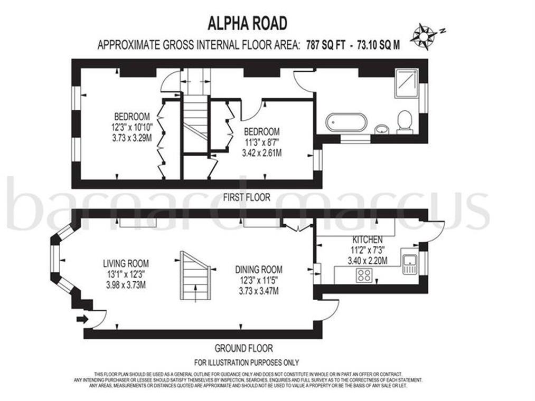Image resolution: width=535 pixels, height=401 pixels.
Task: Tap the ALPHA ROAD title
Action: click(x=248, y=24)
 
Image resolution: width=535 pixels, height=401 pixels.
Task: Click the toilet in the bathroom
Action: click(x=405, y=121)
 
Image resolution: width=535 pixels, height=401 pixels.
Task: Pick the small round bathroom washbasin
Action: click(x=380, y=129)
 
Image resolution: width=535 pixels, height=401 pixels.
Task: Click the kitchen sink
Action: click(x=410, y=263)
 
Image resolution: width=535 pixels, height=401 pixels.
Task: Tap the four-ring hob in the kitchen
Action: click(x=364, y=274)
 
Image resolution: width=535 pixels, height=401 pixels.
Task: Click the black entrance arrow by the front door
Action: click(x=82, y=318)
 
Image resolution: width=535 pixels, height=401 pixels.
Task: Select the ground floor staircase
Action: click(x=195, y=275)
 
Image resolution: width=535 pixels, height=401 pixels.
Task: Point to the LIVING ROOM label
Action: click(x=126, y=263)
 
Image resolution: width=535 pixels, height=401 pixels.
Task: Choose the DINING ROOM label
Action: click(x=259, y=269)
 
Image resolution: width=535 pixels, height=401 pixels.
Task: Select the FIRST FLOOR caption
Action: click(x=246, y=197)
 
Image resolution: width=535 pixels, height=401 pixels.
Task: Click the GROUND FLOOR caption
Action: click(x=243, y=348)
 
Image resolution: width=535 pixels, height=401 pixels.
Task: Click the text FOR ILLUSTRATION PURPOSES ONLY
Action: click(x=246, y=362)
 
